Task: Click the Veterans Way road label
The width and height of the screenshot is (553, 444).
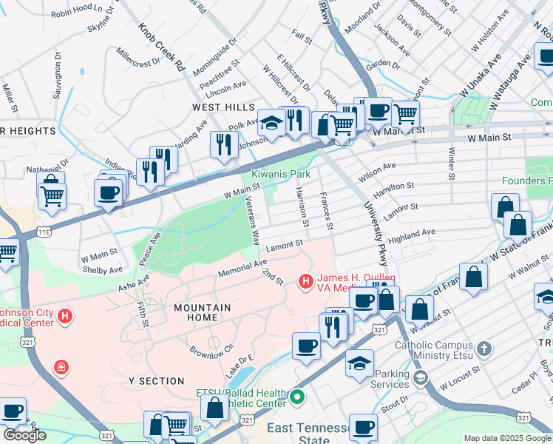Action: click(x=252, y=221)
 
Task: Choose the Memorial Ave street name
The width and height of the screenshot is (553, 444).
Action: click(x=242, y=269)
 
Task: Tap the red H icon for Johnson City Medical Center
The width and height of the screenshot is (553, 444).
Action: click(x=66, y=317)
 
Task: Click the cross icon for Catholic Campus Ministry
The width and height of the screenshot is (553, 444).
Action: click(x=484, y=349)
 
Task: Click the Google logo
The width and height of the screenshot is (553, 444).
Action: click(x=24, y=434)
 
